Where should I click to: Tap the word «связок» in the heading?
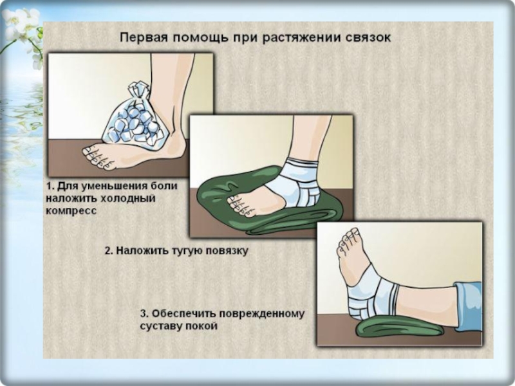(368, 38)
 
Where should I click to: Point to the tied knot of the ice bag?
(138, 90)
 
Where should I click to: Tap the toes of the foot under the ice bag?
(96, 158)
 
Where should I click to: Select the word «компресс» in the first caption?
(71, 211)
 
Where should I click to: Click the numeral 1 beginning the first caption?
(50, 186)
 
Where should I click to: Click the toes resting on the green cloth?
(239, 205)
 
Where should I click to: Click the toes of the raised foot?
(349, 237)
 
